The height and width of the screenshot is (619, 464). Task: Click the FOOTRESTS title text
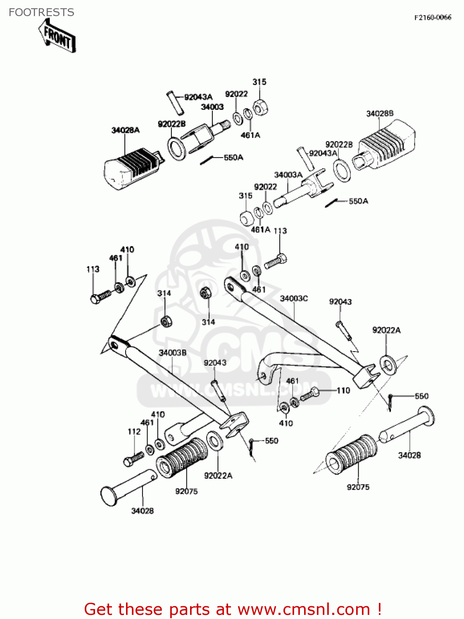coord(41,12)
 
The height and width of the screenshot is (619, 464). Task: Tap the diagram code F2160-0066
coord(433,17)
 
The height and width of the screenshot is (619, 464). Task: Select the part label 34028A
coord(126,130)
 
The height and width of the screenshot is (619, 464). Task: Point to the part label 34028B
coord(380,113)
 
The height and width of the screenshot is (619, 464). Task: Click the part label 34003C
coord(294,298)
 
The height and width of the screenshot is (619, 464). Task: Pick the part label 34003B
coord(173,353)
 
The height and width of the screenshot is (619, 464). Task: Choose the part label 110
coord(343,390)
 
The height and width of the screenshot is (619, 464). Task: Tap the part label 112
coord(134,432)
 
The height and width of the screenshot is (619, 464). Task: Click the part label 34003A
coord(288,175)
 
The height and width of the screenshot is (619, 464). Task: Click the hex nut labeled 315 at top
coord(260,108)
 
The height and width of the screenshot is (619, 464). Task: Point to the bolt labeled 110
coord(309,395)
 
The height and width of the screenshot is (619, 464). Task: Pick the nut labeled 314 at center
coord(205,293)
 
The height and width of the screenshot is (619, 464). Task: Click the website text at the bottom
coord(233,609)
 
